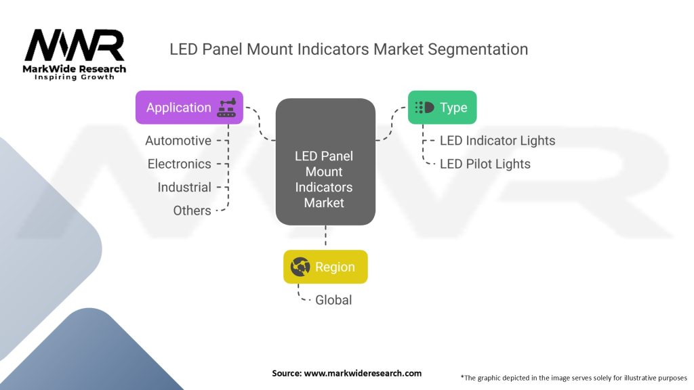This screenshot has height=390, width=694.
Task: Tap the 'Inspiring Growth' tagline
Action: [75, 77]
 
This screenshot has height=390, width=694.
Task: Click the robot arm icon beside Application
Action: [226, 108]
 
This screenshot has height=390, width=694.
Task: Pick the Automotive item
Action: [178, 141]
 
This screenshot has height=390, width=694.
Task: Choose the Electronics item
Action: [180, 164]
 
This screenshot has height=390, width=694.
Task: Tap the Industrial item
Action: [184, 187]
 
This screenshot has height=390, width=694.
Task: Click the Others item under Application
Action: [192, 211]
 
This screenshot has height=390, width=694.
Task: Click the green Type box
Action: [442, 108]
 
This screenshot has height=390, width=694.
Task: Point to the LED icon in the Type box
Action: [424, 108]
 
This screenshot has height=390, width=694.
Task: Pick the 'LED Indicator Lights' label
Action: [497, 141]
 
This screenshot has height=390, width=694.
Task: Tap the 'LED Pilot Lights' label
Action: [485, 164]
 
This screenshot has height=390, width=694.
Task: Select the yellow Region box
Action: [325, 267]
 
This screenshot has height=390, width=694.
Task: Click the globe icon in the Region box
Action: [300, 267]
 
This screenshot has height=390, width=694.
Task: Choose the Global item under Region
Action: [333, 299]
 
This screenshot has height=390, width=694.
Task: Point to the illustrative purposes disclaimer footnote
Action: [573, 377]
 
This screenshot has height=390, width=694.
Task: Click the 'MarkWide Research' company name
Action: [75, 69]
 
